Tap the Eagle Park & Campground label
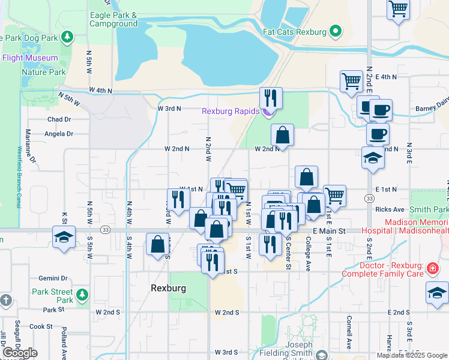click(x=113, y=19)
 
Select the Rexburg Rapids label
click(x=230, y=111)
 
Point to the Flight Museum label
click(x=30, y=58)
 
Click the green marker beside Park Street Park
click(x=81, y=295)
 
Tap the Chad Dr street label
click(x=59, y=119)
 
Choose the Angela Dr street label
click(x=61, y=134)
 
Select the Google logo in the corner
click(x=20, y=353)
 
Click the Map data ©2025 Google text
click(x=411, y=355)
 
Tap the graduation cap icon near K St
click(x=63, y=236)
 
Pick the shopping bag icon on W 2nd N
click(x=282, y=134)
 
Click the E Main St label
click(x=330, y=230)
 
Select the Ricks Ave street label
click(x=390, y=209)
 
